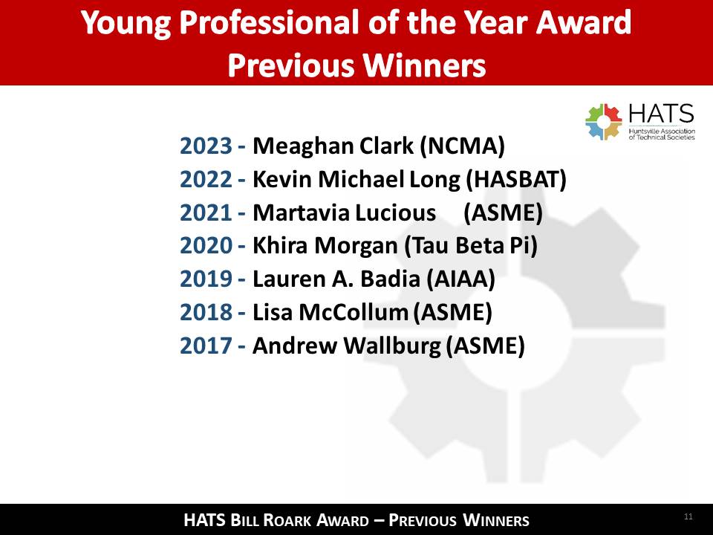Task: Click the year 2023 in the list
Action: click(206, 146)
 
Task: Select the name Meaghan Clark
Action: click(333, 146)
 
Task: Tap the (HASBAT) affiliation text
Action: click(516, 179)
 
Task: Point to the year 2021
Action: click(206, 213)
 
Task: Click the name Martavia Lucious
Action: click(344, 213)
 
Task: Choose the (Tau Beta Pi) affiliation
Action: click(471, 246)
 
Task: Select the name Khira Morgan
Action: click(325, 246)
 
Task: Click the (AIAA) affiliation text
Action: click(460, 279)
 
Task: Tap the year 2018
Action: click(206, 312)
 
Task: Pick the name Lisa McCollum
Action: click(331, 312)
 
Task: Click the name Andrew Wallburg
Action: click(347, 346)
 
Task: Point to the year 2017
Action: click(206, 346)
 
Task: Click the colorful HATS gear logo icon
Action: click(603, 122)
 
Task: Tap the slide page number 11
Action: click(688, 516)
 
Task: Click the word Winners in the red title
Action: click(424, 65)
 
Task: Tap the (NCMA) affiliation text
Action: click(463, 146)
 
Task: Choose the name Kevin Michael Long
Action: click(356, 179)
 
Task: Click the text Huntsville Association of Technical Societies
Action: click(662, 134)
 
